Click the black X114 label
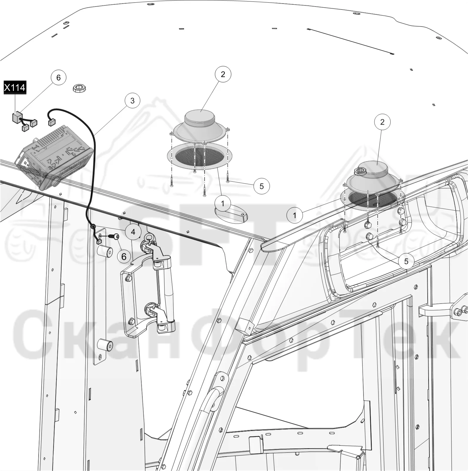pos(15,88)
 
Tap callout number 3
pos(132,101)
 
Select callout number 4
pos(133,232)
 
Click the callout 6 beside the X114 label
pos(58,77)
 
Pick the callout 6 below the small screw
pos(124,257)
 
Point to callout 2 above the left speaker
pos(223,74)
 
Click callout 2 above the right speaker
pos(382,122)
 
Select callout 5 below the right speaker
pos(406,261)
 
